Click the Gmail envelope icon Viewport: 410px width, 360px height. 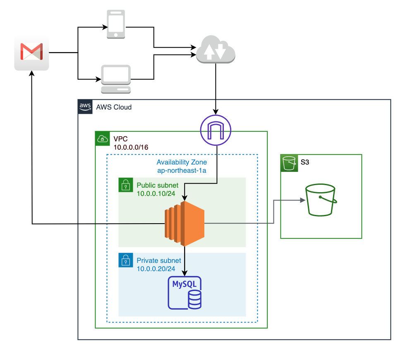point(32,52)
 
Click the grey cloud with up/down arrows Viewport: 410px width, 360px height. point(216,50)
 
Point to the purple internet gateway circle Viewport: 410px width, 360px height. point(216,130)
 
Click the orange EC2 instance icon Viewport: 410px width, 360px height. point(185,223)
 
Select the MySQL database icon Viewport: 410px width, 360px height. point(185,293)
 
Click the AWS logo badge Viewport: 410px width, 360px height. point(85,106)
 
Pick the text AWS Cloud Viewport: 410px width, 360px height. point(114,107)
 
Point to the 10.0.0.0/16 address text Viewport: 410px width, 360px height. point(131,147)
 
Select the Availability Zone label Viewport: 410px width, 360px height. point(181,162)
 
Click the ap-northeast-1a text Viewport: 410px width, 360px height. point(181,170)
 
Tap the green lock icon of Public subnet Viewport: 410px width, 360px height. point(125,185)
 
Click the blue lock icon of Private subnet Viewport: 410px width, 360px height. point(125,260)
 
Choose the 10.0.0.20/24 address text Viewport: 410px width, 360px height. point(156,269)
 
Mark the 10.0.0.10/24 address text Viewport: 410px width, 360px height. point(156,193)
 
